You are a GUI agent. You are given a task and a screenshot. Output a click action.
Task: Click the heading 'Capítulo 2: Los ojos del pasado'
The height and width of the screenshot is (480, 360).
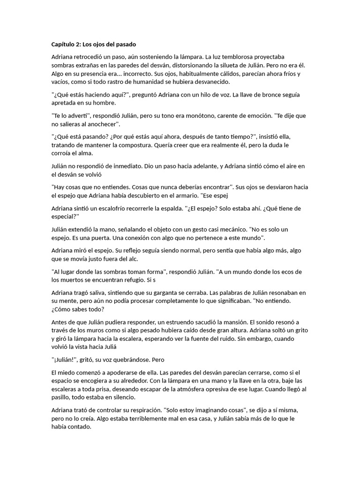pyautogui.click(x=93, y=45)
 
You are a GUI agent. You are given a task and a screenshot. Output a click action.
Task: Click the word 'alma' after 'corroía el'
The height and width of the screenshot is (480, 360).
pyautogui.click(x=86, y=153)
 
